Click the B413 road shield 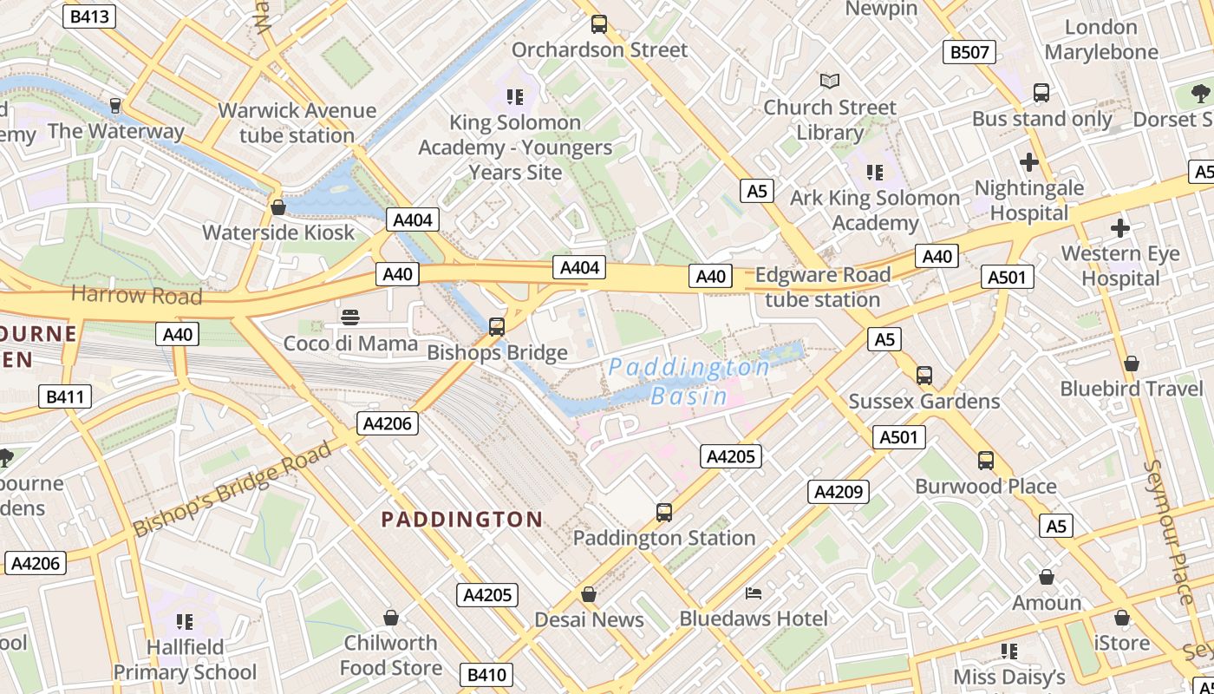tap(89, 16)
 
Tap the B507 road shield tap(969, 52)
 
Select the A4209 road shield tap(838, 492)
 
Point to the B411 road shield tap(65, 397)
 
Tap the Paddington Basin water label tap(689, 382)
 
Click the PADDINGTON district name tap(462, 520)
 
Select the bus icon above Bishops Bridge tap(497, 326)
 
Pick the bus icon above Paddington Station tap(664, 512)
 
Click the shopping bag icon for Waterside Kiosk tap(278, 207)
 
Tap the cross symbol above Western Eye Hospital tap(1120, 228)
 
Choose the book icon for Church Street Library tap(830, 81)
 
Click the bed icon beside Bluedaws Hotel tap(754, 593)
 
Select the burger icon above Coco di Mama tap(350, 318)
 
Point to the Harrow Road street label tap(136, 295)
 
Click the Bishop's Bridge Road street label tap(232, 489)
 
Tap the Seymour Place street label tap(1170, 531)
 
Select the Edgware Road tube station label tap(822, 287)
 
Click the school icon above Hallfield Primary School tap(184, 621)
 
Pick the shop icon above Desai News tap(589, 594)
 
